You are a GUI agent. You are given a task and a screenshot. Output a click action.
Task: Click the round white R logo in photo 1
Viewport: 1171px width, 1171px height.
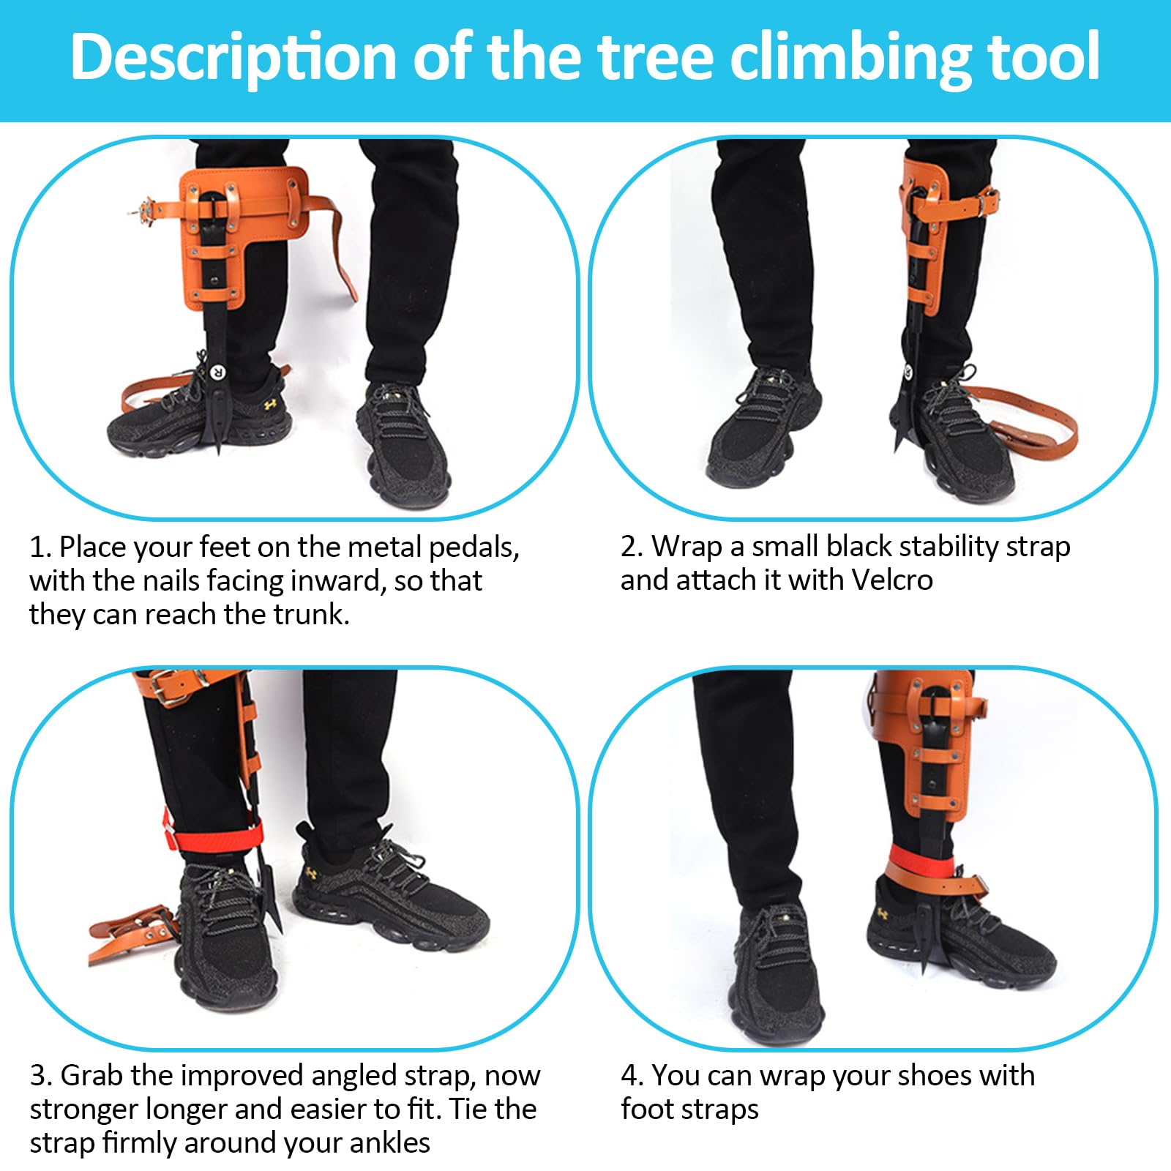coord(217,372)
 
